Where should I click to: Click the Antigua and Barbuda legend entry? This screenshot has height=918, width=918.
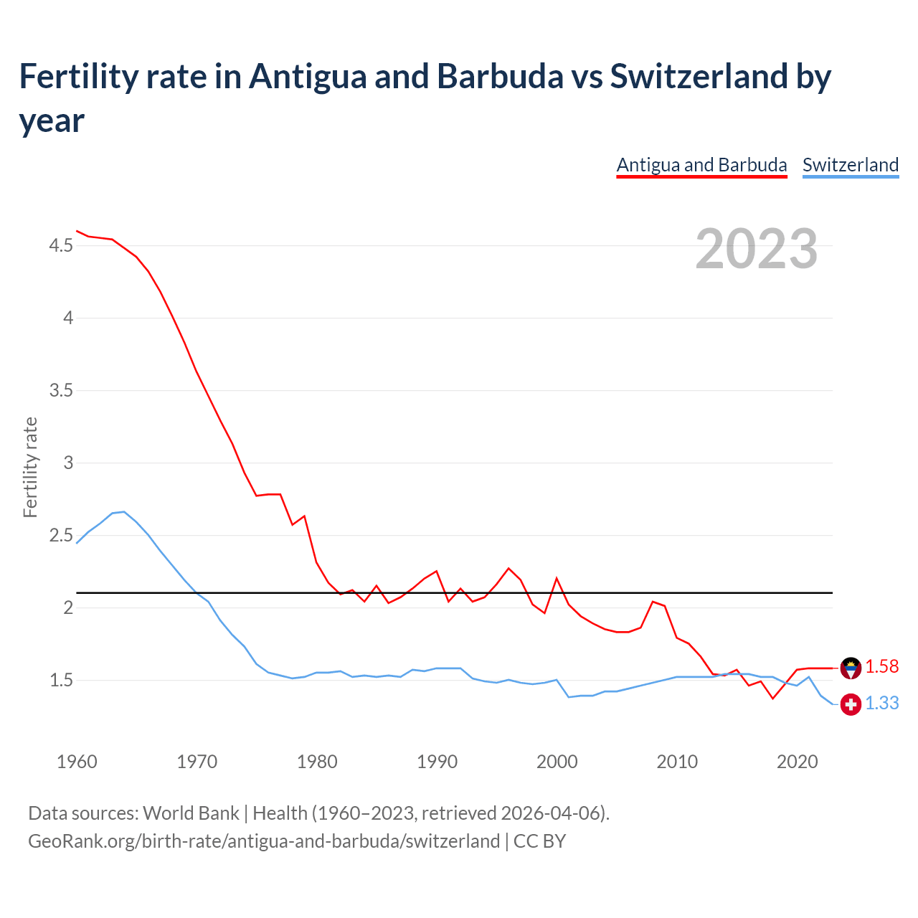point(701,165)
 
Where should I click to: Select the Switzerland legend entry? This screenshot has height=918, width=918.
point(850,165)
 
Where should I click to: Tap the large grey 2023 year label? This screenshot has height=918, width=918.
point(756,249)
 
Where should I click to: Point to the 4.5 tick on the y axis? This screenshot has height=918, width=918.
point(61,246)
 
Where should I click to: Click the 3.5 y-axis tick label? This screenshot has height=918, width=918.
point(61,391)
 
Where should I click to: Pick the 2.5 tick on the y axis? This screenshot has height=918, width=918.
point(61,536)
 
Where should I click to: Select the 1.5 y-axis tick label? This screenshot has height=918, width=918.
point(61,681)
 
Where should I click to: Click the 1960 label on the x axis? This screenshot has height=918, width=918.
point(77,762)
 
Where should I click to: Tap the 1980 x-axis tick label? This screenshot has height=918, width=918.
point(317,762)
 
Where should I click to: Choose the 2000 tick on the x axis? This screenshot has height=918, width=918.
point(557,762)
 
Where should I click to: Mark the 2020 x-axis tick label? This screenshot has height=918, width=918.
point(797,762)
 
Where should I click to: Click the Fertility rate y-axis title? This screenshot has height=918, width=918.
point(30,468)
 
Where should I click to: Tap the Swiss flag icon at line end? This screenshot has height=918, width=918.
point(851,704)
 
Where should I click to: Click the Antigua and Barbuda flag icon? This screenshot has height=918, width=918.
point(851,668)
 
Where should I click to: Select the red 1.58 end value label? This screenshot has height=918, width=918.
point(881,667)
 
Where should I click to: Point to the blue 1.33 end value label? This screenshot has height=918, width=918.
point(881,704)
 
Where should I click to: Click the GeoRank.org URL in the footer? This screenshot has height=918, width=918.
point(264,841)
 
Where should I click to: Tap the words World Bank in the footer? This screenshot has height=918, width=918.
point(191,813)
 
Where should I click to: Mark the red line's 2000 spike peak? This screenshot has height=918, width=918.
point(557,578)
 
